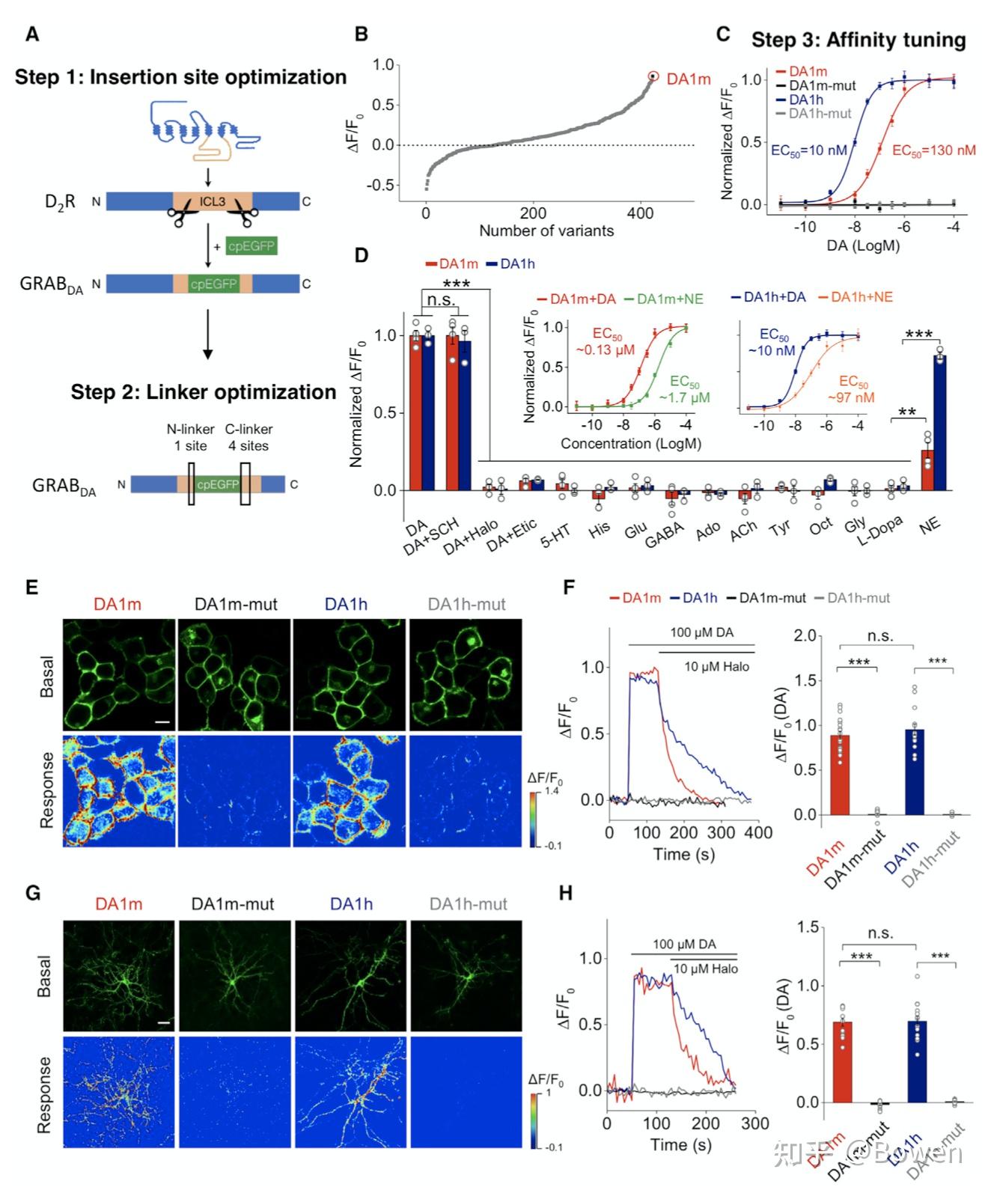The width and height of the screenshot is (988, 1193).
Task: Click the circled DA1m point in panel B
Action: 653,76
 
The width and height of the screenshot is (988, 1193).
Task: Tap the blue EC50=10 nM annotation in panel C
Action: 808,150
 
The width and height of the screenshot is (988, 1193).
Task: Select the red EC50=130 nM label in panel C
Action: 934,150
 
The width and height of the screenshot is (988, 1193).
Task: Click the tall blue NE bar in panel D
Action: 941,422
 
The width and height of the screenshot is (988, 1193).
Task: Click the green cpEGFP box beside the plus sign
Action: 251,246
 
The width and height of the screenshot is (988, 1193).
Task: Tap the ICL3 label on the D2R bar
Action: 212,201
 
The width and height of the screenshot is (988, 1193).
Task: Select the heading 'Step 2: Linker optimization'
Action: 203,392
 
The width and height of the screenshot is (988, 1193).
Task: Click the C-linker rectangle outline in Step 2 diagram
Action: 245,483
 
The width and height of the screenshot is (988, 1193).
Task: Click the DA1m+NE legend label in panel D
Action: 669,299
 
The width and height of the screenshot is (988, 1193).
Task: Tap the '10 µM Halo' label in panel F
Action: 716,667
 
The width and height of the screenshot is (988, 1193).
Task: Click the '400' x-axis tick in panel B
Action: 640,213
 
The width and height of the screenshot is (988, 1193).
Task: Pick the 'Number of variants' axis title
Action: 546,231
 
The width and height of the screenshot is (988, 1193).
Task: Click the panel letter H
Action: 566,893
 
